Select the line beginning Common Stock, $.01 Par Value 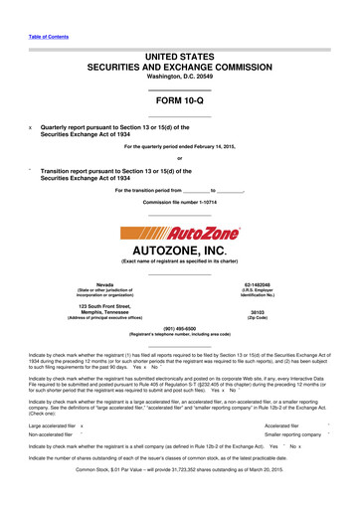click(179, 496)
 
